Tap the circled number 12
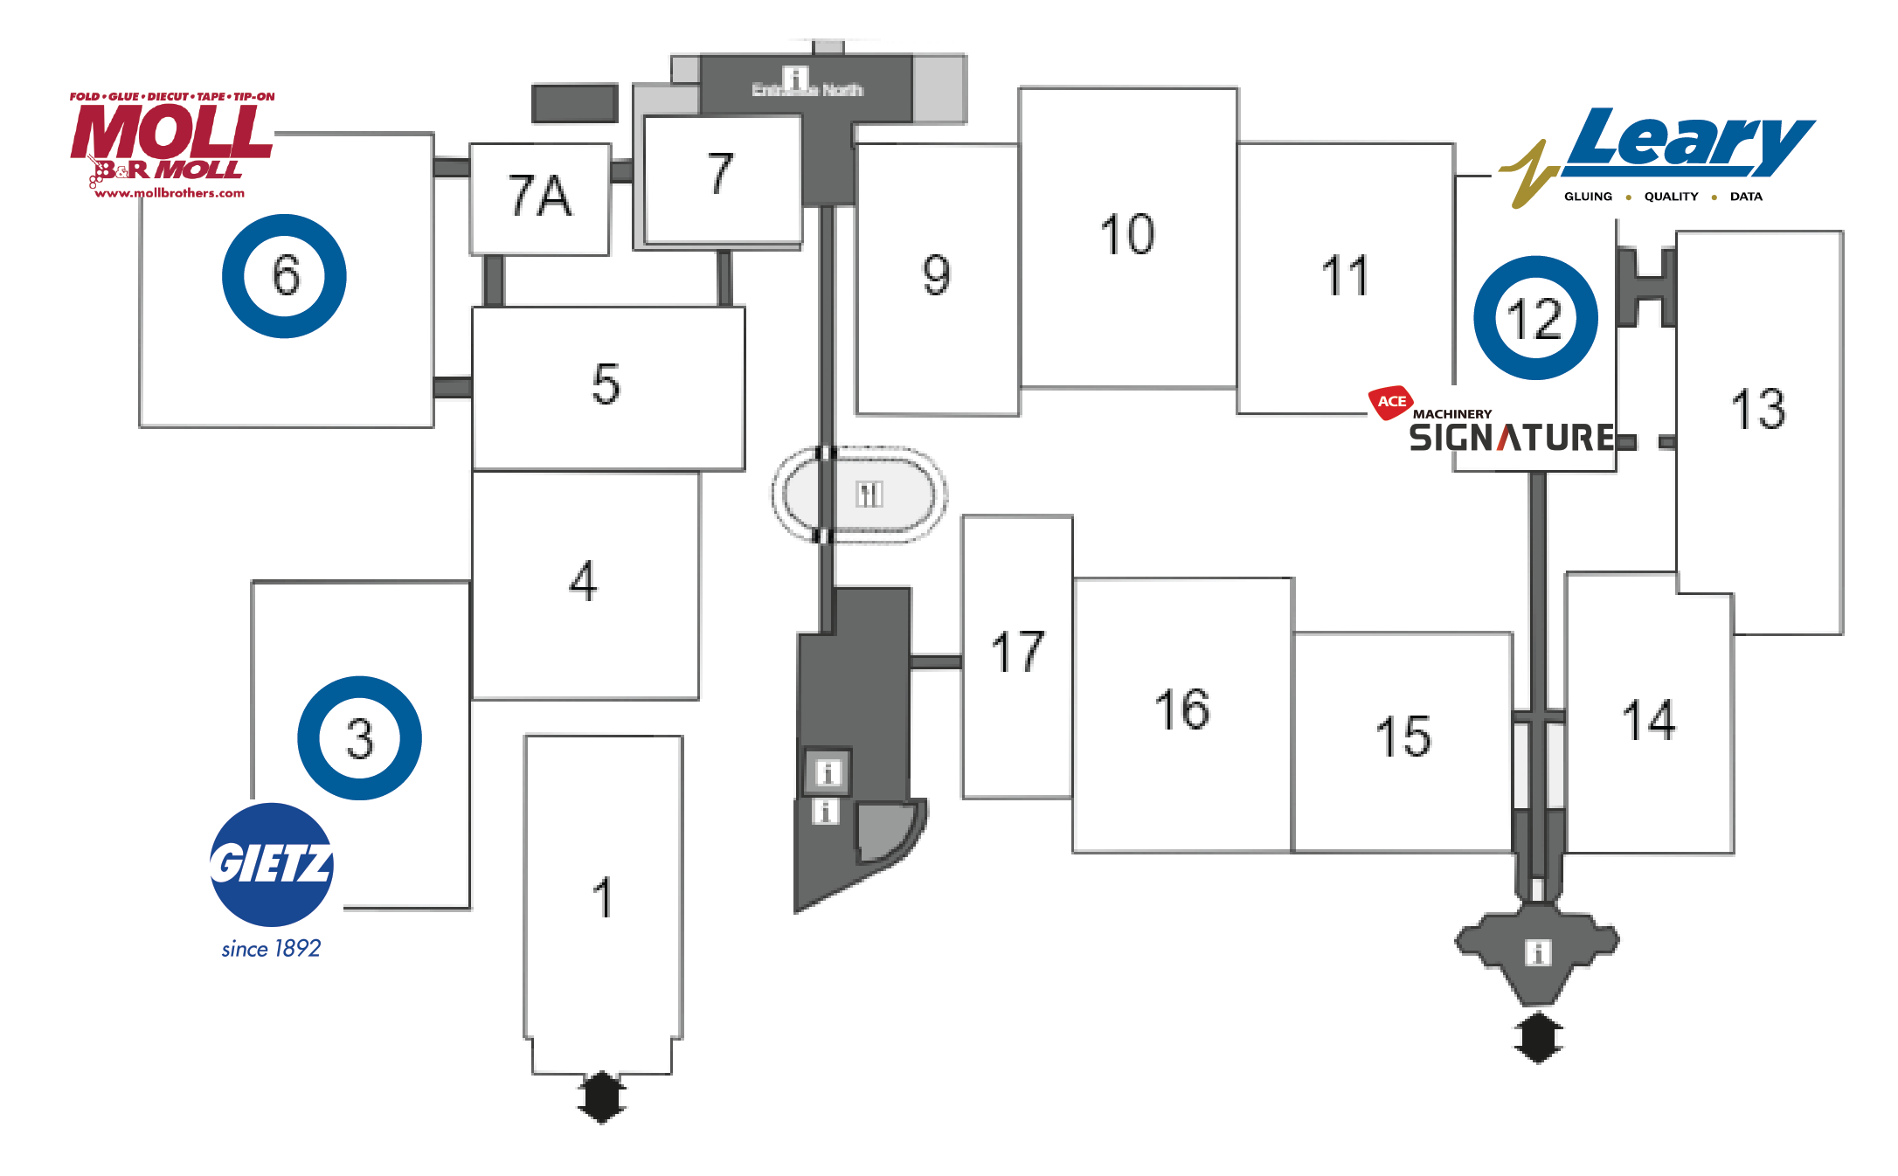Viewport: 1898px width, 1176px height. click(1535, 318)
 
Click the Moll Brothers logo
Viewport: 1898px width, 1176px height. click(171, 144)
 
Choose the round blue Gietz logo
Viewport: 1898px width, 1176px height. click(272, 864)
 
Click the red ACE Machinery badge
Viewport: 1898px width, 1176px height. click(1390, 402)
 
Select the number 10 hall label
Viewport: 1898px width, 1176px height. click(1127, 234)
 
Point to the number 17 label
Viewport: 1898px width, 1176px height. click(1017, 652)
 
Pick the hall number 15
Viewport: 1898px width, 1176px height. click(1403, 736)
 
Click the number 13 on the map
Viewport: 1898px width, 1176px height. click(1758, 409)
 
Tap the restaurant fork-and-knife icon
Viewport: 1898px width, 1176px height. click(869, 495)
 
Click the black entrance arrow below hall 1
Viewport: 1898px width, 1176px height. click(602, 1096)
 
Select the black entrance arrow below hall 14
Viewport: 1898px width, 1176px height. click(1538, 1037)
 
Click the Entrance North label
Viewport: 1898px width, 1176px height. click(807, 89)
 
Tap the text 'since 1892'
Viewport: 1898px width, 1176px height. click(271, 949)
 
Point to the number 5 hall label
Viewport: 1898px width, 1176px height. click(606, 384)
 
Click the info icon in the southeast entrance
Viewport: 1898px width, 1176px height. click(1538, 951)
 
